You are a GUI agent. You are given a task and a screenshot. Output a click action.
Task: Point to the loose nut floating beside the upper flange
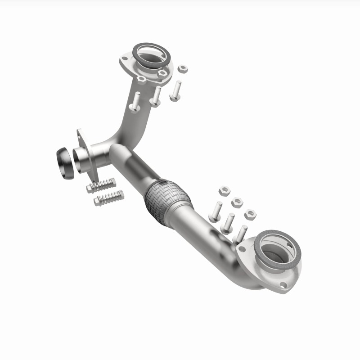click(x=183, y=69)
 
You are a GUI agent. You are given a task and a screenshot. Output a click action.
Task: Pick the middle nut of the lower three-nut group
click(x=237, y=202)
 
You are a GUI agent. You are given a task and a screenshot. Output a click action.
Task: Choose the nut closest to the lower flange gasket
click(x=250, y=214)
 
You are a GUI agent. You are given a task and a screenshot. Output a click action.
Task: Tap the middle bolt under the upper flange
click(x=156, y=96)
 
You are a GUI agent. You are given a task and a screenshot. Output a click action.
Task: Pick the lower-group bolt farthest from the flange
click(x=215, y=211)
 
